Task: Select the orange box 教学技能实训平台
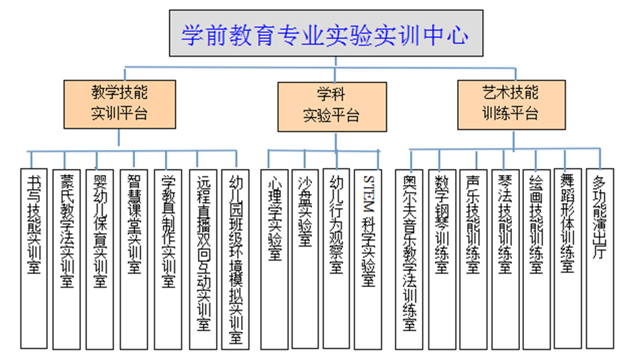[x=120, y=104]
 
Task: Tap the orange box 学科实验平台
[x=332, y=107]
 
